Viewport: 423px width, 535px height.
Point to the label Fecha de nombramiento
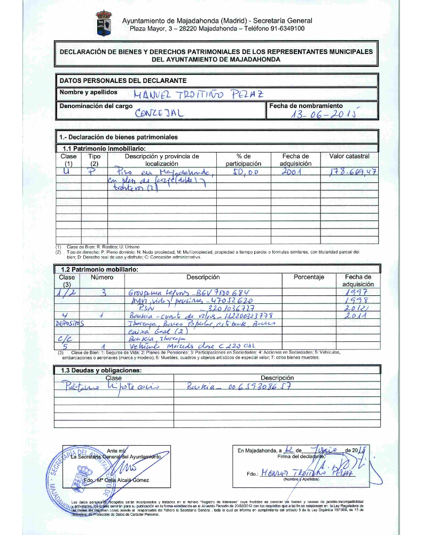coord(306,106)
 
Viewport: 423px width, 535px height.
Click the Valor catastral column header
coord(349,156)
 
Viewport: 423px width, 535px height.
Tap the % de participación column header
coord(244,160)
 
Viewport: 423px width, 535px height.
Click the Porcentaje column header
coord(309,277)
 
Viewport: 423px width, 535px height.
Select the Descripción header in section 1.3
coord(277,378)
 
